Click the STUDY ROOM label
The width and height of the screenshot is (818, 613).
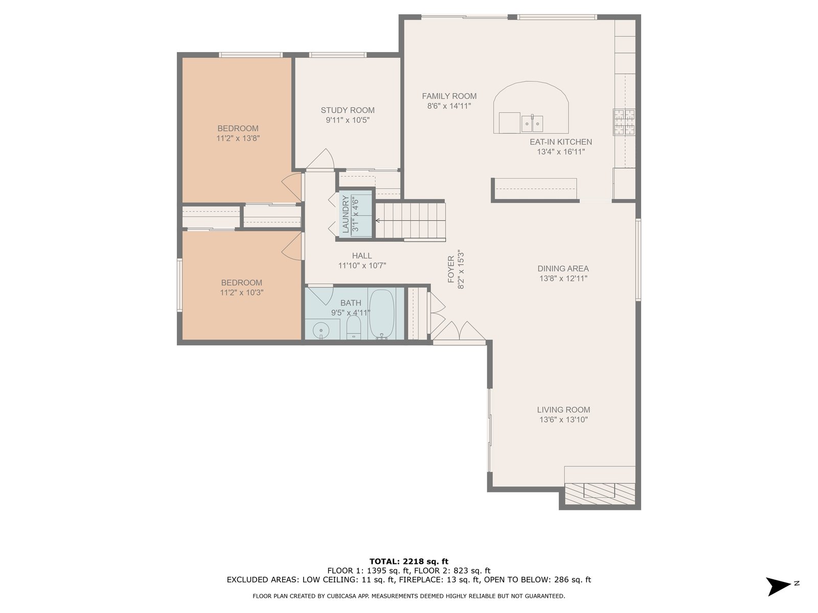(347, 110)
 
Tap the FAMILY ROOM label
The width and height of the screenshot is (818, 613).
(449, 96)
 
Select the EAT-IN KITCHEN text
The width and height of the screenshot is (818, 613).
(560, 142)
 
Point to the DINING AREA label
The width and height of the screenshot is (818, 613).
(563, 268)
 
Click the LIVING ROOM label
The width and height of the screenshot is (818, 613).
(563, 410)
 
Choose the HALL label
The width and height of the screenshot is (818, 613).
(362, 256)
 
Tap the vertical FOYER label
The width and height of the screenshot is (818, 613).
(451, 269)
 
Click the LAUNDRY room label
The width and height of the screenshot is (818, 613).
(346, 214)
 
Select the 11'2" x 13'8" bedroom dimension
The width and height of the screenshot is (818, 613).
(238, 138)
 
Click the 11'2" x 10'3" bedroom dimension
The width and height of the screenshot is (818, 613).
(241, 293)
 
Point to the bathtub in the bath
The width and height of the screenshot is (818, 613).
(381, 314)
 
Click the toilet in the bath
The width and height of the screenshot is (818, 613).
(354, 327)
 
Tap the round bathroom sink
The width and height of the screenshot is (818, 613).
(320, 329)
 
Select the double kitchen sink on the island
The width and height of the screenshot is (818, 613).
(532, 124)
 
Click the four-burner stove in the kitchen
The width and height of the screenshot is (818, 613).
(624, 122)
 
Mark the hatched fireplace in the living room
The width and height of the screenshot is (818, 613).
(600, 494)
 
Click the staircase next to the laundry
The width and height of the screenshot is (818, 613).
(411, 220)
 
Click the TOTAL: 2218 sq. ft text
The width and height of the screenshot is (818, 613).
(409, 561)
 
